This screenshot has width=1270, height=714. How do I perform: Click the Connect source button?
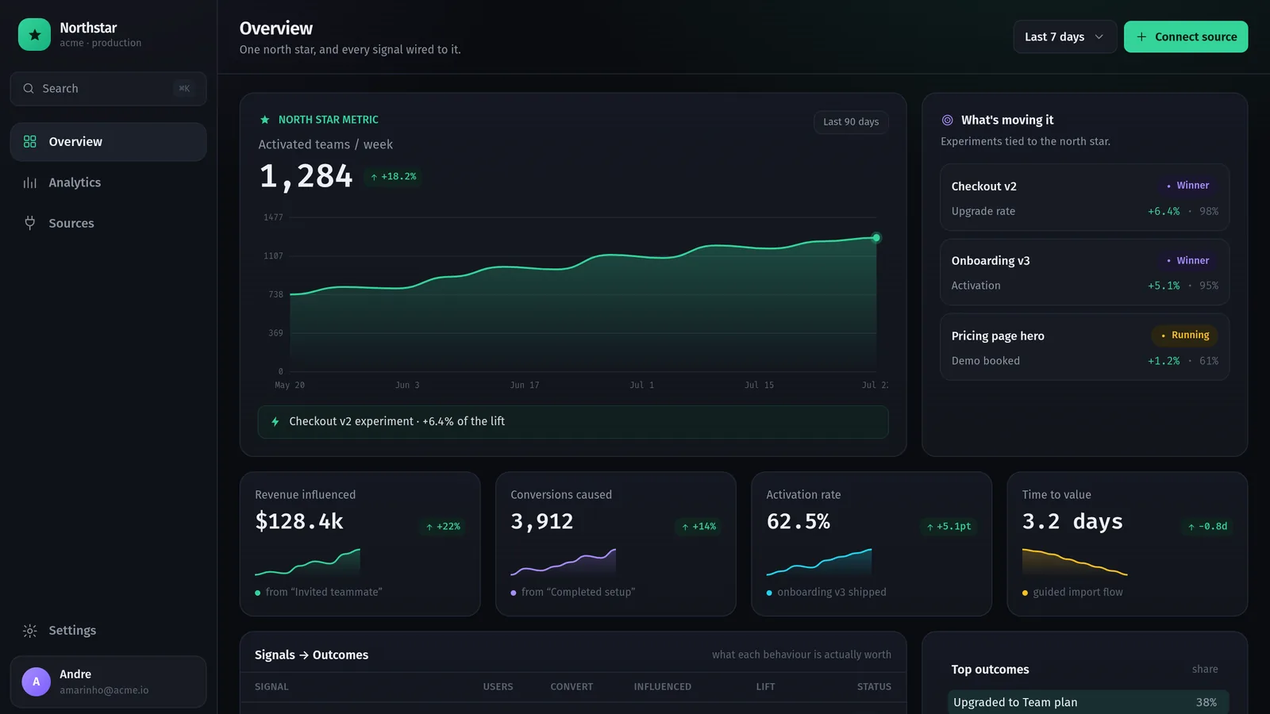point(1186,36)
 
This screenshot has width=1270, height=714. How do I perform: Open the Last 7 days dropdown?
point(1064,36)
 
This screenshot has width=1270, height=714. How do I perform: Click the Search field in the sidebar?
point(108,88)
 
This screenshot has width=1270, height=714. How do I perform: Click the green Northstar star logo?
point(35,35)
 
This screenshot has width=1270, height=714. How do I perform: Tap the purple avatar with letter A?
point(37,681)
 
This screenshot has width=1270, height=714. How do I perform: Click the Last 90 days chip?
point(851,122)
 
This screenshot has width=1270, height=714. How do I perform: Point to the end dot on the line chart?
point(876,238)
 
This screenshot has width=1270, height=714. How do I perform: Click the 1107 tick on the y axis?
point(273,256)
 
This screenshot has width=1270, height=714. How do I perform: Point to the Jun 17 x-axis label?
point(525,386)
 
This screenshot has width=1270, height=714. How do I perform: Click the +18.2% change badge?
point(393,177)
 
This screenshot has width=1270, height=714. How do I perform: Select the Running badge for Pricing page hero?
point(1185,336)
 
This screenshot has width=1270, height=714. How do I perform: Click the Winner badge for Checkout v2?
point(1187,186)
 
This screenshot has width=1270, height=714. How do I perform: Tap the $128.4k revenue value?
point(299,521)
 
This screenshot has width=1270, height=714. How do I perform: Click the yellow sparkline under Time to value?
point(1075,562)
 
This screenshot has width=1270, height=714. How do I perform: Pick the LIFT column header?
point(765,687)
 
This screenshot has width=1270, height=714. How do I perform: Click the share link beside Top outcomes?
point(1205,670)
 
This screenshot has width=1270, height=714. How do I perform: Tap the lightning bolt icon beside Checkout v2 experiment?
point(275,421)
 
